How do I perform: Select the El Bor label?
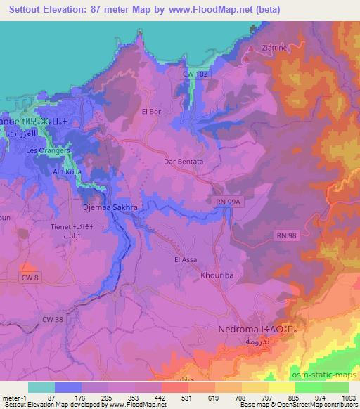coord(151,110)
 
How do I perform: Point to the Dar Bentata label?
coord(184,161)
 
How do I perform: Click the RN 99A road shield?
coord(226,202)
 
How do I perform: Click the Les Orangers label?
coord(47,150)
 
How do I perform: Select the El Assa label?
coord(184,259)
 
